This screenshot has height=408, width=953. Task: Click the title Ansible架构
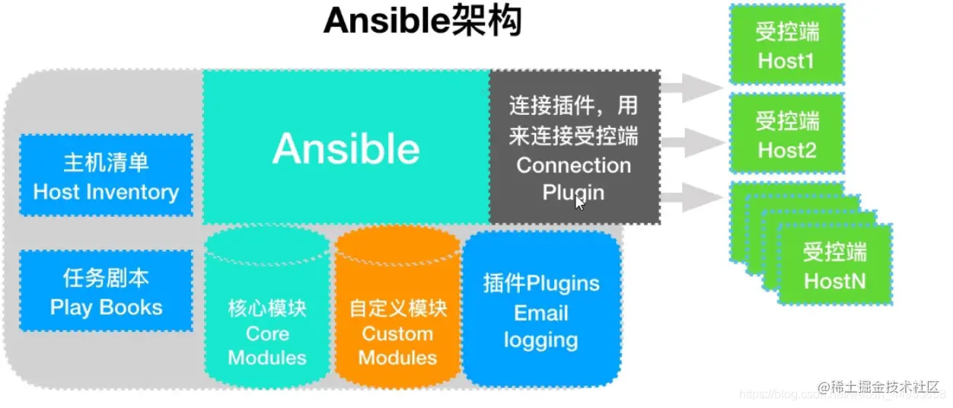tap(422, 23)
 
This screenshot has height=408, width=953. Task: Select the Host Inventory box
tap(106, 177)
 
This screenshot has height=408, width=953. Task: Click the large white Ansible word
tap(346, 148)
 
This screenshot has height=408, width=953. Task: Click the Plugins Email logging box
tap(540, 308)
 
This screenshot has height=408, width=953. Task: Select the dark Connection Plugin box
tap(574, 147)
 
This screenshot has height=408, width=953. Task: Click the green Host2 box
tap(786, 134)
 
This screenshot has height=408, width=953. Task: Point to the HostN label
tap(834, 281)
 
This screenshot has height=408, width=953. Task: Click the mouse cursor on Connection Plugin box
tap(580, 203)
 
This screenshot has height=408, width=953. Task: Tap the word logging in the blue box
tap(540, 340)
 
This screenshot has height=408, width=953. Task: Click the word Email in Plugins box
tap(540, 313)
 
